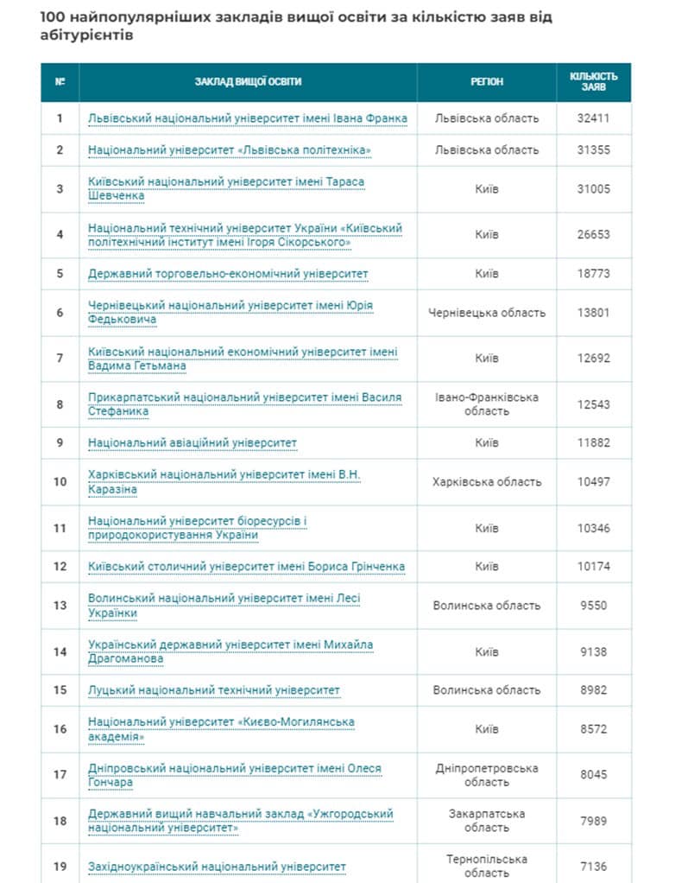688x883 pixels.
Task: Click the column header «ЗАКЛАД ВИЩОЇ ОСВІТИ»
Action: pos(248,82)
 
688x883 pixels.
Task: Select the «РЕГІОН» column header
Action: pos(487,82)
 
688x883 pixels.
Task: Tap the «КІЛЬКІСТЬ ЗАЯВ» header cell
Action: pos(593,82)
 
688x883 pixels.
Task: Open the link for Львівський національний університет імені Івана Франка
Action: pos(248,118)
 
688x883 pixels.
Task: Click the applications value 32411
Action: pos(593,118)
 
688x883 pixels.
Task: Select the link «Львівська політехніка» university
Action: pos(230,150)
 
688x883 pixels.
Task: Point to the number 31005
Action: pos(593,188)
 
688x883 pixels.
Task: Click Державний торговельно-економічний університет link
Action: pos(228,274)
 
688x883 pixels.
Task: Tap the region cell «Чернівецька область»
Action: pos(487,313)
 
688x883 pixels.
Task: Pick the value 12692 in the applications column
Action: pos(593,358)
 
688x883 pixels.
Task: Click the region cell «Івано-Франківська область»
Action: pos(487,403)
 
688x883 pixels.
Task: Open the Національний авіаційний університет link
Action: pos(193,443)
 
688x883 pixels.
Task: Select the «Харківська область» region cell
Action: pos(487,482)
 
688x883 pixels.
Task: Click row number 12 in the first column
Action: pos(60,567)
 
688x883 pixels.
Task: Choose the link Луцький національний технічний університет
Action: pos(214,690)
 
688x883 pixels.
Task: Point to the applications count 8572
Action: pos(593,729)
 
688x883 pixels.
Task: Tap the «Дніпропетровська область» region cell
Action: pos(487,774)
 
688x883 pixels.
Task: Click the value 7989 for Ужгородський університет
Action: pos(593,820)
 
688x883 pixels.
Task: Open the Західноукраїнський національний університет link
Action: pos(217,867)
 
